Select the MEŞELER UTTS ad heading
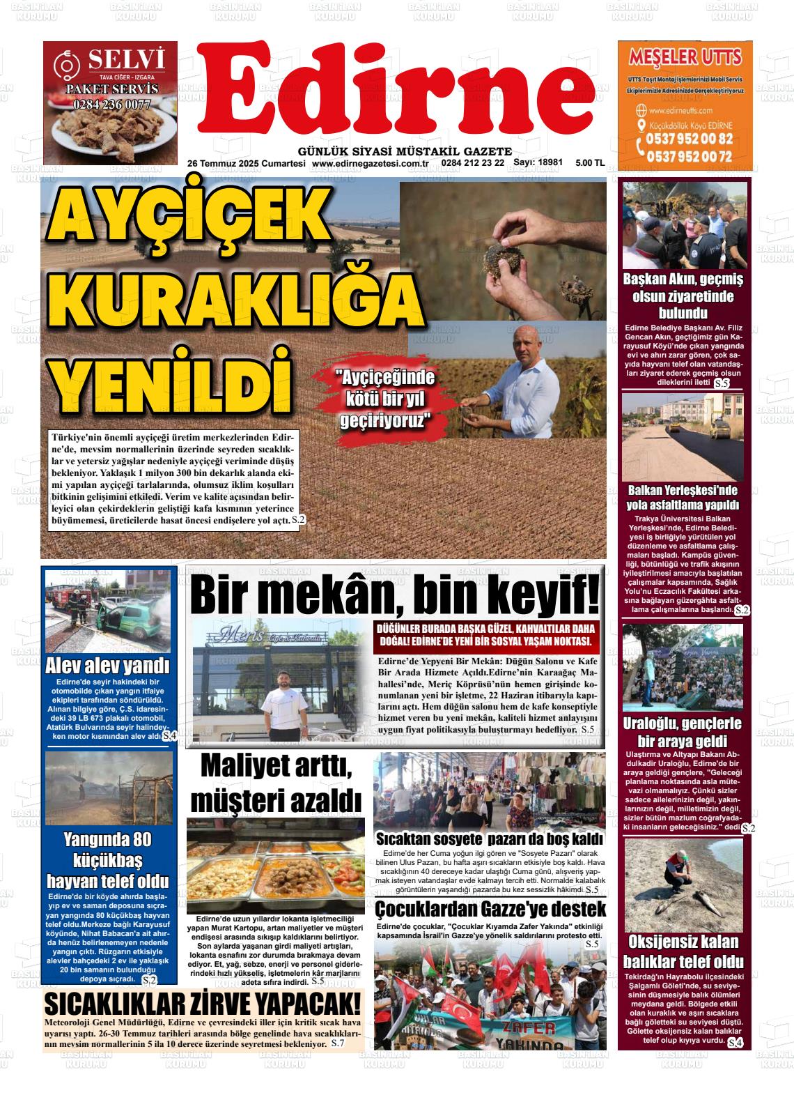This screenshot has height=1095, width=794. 685,56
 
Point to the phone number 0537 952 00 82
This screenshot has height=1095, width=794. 689,139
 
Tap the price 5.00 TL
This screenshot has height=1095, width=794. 589,163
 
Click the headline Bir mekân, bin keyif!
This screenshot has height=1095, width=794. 395,594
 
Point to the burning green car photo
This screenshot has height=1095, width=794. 107,611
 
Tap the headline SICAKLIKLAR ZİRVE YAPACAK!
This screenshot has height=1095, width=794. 203,1004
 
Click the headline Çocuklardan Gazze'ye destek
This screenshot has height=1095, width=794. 490,910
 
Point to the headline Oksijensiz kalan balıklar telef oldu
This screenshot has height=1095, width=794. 683,951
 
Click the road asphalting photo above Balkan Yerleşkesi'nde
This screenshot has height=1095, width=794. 682,437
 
